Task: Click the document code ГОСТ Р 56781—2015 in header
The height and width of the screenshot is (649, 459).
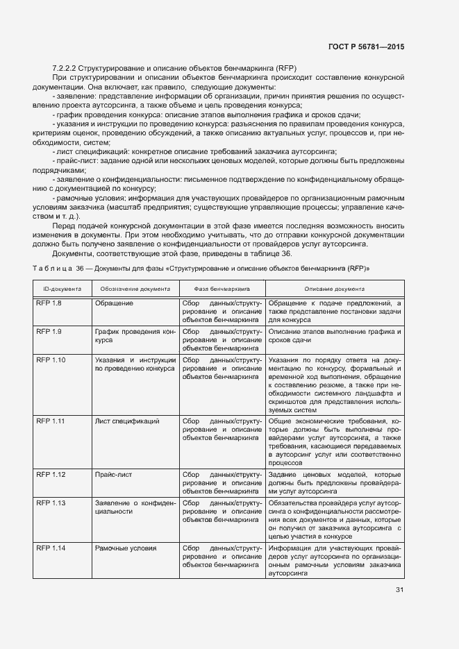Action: pos(365,47)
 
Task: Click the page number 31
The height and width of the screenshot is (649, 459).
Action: pos(399,590)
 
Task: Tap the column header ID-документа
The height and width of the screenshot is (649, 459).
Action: pos(62,288)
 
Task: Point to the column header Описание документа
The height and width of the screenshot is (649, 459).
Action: pos(335,288)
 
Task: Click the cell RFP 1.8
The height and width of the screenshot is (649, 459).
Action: pos(49,304)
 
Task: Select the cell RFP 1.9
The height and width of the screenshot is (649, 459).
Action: pos(49,332)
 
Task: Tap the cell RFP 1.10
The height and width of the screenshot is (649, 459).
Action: pos(51,361)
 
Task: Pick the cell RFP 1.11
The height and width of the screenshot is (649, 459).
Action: pos(51,421)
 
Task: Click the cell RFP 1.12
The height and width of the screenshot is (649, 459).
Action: pos(51,474)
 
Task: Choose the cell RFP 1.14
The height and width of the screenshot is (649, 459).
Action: pos(51,548)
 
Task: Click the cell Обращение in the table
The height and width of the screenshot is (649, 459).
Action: pos(114,304)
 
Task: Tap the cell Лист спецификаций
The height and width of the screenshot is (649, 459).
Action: pos(127,421)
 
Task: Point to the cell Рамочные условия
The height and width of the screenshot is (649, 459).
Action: pos(125,548)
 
